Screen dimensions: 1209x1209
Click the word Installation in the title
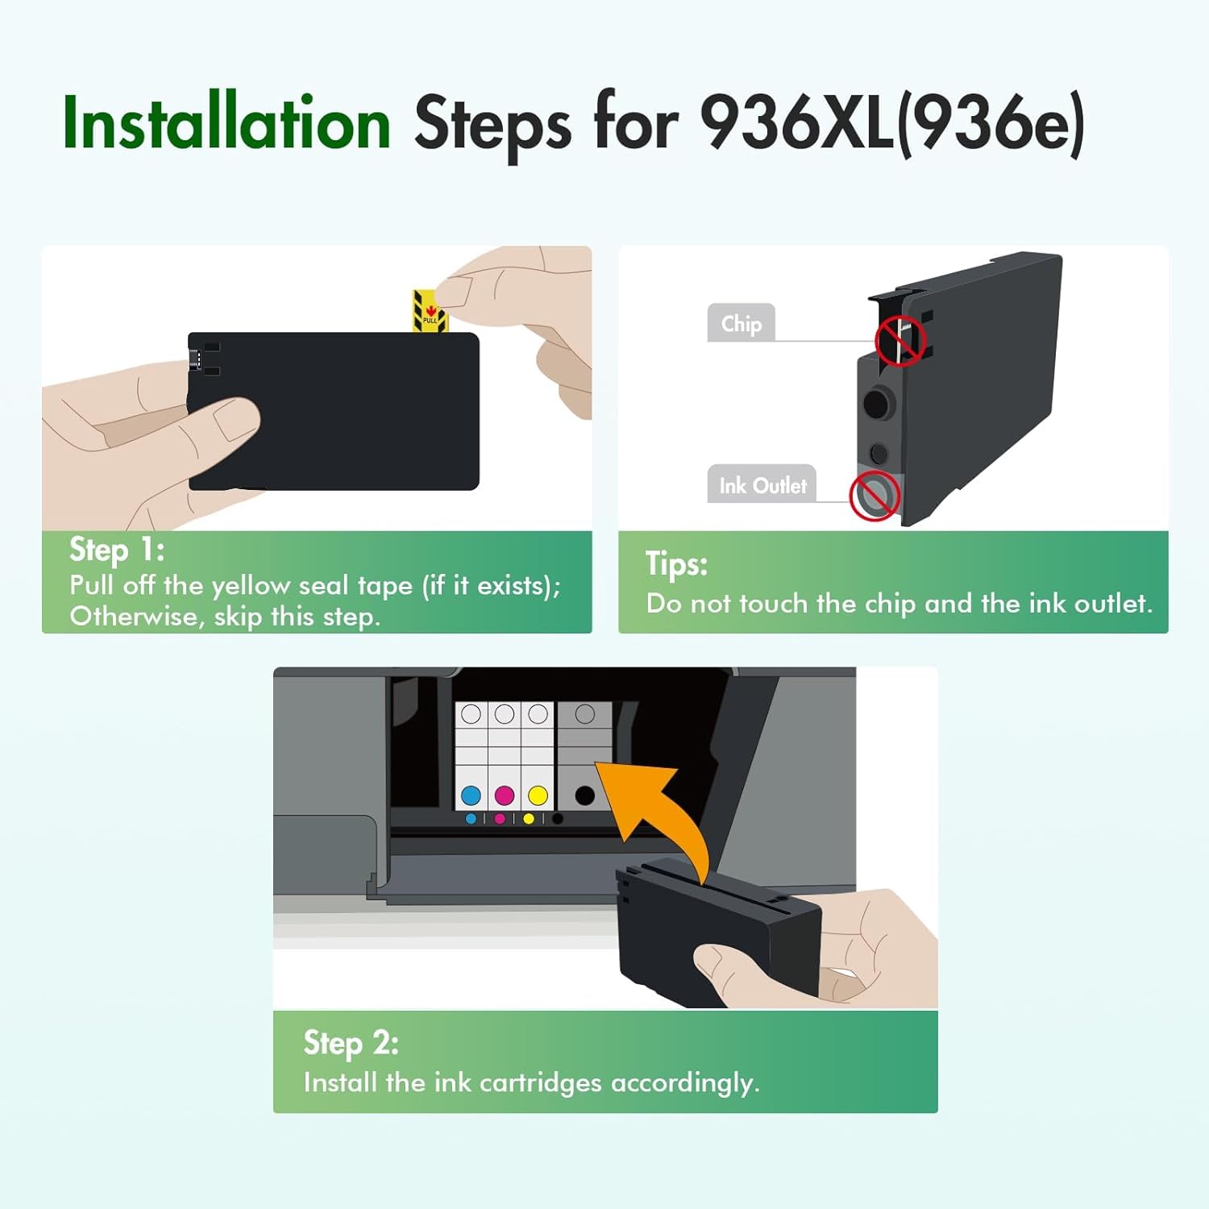coord(226,123)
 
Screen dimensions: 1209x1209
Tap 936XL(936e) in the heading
coord(891,123)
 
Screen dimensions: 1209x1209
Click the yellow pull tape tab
coord(428,311)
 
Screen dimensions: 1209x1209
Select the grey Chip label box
coord(741,323)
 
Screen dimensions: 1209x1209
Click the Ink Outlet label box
coord(762,485)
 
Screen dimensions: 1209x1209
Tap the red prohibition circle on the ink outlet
coord(875,495)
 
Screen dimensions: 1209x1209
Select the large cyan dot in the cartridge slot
coord(471,796)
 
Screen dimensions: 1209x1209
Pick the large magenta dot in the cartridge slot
coord(505,796)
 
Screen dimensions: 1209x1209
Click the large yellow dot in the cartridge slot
coord(538,796)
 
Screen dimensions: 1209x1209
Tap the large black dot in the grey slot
coord(585,796)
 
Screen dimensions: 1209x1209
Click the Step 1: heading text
coord(117,550)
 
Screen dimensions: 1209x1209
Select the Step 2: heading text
coord(351,1043)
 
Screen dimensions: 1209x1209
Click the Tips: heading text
coord(676,563)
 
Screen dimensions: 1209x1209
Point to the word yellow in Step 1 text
coord(251,586)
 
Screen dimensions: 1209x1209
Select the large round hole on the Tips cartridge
coord(878,404)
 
